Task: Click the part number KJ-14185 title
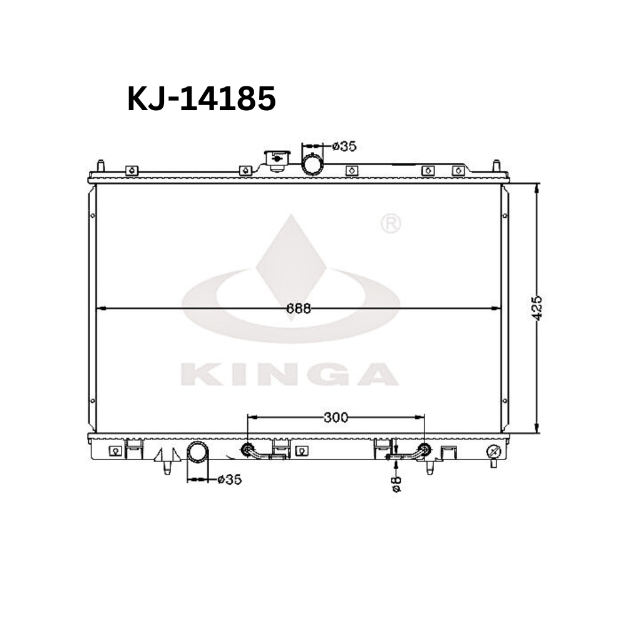201,99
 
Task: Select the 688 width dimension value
299,308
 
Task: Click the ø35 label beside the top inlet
344,146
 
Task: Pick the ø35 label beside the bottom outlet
229,480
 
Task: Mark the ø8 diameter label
396,483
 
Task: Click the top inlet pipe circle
312,164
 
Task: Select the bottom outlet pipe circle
198,453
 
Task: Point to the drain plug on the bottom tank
493,451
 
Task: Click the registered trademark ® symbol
391,224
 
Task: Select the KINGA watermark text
289,374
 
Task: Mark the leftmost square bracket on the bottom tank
115,450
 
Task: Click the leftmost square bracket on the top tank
131,170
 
